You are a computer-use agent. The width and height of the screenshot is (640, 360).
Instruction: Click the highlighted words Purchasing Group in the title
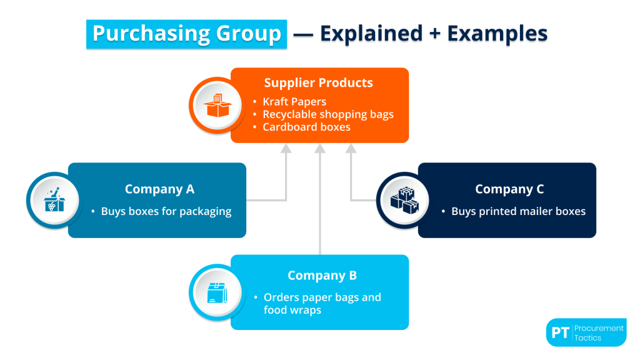[187, 34]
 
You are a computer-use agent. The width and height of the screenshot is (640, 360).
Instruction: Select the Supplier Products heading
[318, 83]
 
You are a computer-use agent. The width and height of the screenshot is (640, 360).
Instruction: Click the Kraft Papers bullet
[294, 101]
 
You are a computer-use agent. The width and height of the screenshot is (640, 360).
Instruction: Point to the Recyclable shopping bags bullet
[327, 114]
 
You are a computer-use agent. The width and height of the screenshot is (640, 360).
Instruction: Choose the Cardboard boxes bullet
[306, 127]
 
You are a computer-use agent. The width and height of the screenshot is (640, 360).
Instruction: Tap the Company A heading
[159, 189]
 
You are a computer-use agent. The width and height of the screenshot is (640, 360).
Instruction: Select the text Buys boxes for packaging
[166, 211]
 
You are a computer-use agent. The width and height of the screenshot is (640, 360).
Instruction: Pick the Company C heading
[509, 189]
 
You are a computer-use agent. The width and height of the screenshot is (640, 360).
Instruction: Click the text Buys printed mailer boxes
[518, 211]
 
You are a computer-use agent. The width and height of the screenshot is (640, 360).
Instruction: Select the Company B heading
[322, 276]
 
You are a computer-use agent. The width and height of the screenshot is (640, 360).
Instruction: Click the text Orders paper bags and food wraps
[322, 303]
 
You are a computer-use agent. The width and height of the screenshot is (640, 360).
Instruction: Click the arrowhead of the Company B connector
[320, 148]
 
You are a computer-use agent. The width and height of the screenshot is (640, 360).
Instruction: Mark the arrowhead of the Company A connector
[286, 148]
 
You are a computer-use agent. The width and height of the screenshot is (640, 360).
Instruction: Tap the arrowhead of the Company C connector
[351, 148]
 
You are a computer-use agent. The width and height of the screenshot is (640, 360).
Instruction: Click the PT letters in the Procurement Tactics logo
[560, 333]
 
